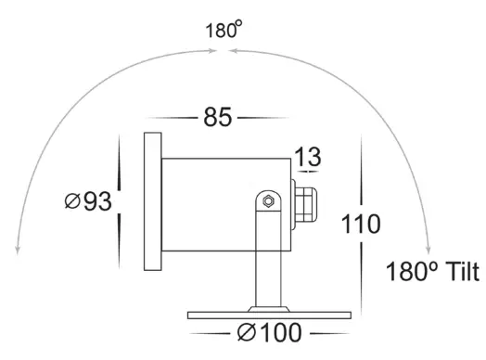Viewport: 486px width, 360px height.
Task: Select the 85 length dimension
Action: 217,118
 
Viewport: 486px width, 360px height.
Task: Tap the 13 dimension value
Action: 309,156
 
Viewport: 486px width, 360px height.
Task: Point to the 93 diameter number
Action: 94,201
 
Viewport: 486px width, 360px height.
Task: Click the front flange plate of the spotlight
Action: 152,201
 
